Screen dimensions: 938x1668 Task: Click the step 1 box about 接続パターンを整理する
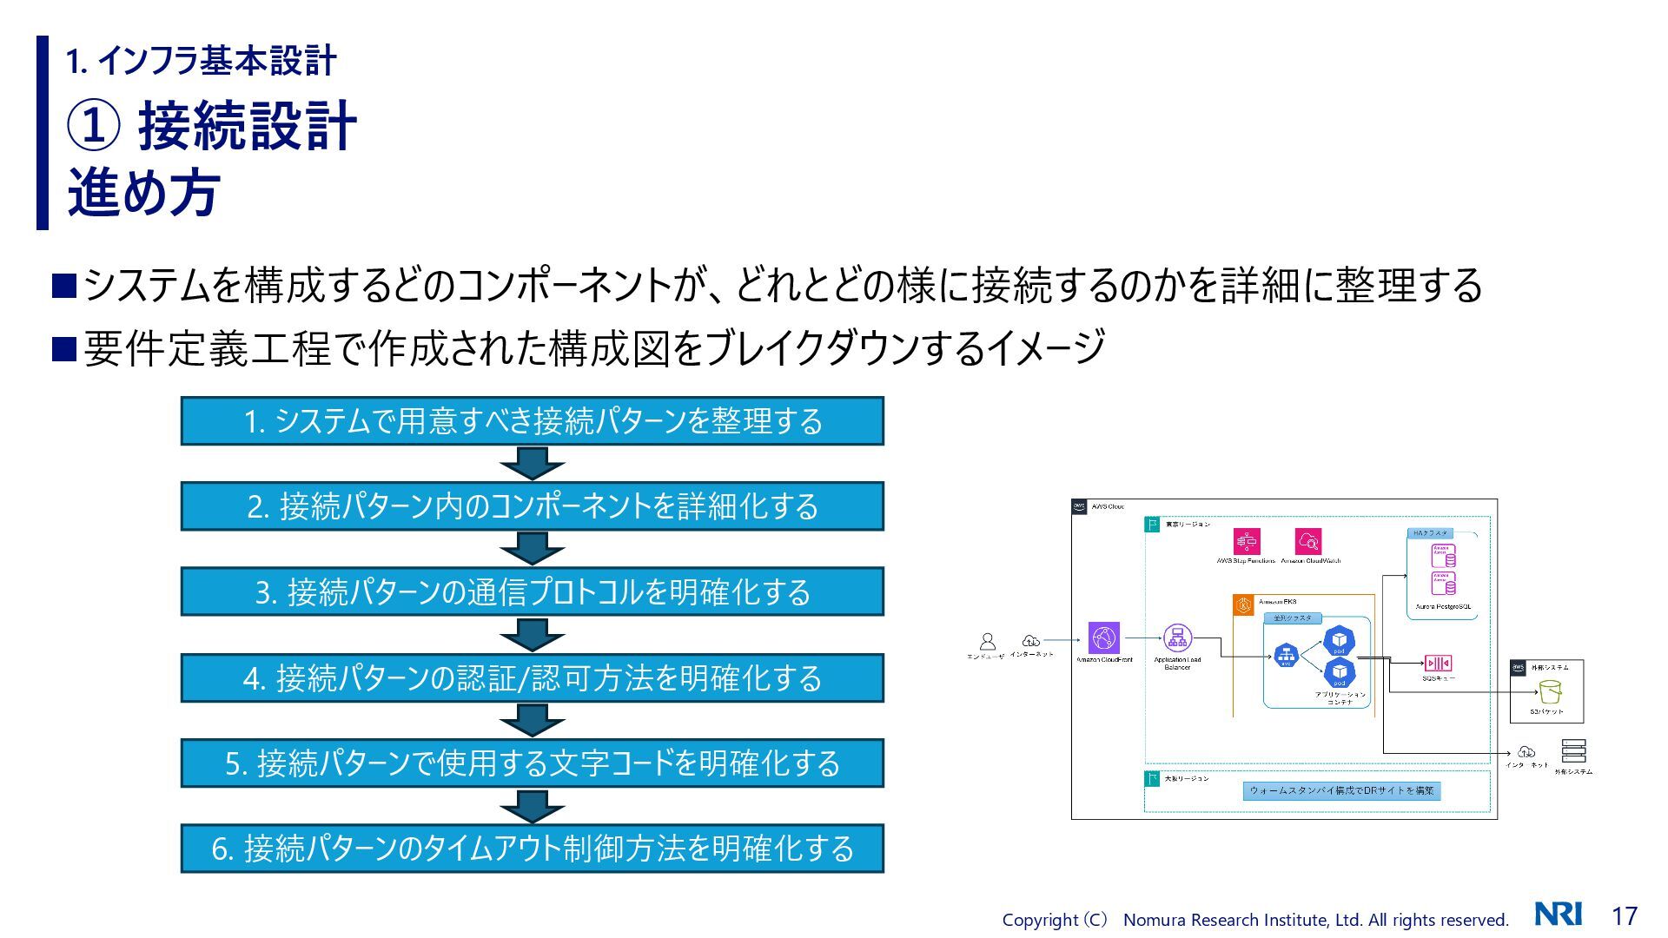pos(532,421)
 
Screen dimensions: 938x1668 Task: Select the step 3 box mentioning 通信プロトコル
pos(532,591)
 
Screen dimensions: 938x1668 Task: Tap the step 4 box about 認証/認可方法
pos(532,677)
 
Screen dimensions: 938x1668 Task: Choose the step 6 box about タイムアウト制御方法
pos(532,848)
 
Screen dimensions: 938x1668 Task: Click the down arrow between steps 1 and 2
pos(532,463)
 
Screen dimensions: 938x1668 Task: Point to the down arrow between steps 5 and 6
pos(532,805)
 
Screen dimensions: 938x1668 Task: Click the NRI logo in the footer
pos(1558,914)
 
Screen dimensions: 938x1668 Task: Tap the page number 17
pos(1624,915)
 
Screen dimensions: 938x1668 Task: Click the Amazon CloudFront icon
pos(1104,637)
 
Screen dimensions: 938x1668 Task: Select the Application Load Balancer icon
pos(1177,638)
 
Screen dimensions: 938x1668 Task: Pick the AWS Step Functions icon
pos(1247,542)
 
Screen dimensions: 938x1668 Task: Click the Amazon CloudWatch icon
pos(1308,542)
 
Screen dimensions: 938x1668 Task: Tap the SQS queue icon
pos(1438,664)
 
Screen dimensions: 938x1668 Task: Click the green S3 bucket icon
pos(1549,692)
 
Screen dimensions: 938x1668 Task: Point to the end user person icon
pos(987,642)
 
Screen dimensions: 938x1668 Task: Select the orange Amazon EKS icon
pos(1244,605)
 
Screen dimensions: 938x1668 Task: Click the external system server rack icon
pos(1573,750)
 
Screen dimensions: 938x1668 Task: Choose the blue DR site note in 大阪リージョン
pos(1340,790)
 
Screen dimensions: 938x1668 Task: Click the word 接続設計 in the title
pos(248,126)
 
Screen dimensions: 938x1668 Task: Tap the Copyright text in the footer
pos(1254,920)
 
